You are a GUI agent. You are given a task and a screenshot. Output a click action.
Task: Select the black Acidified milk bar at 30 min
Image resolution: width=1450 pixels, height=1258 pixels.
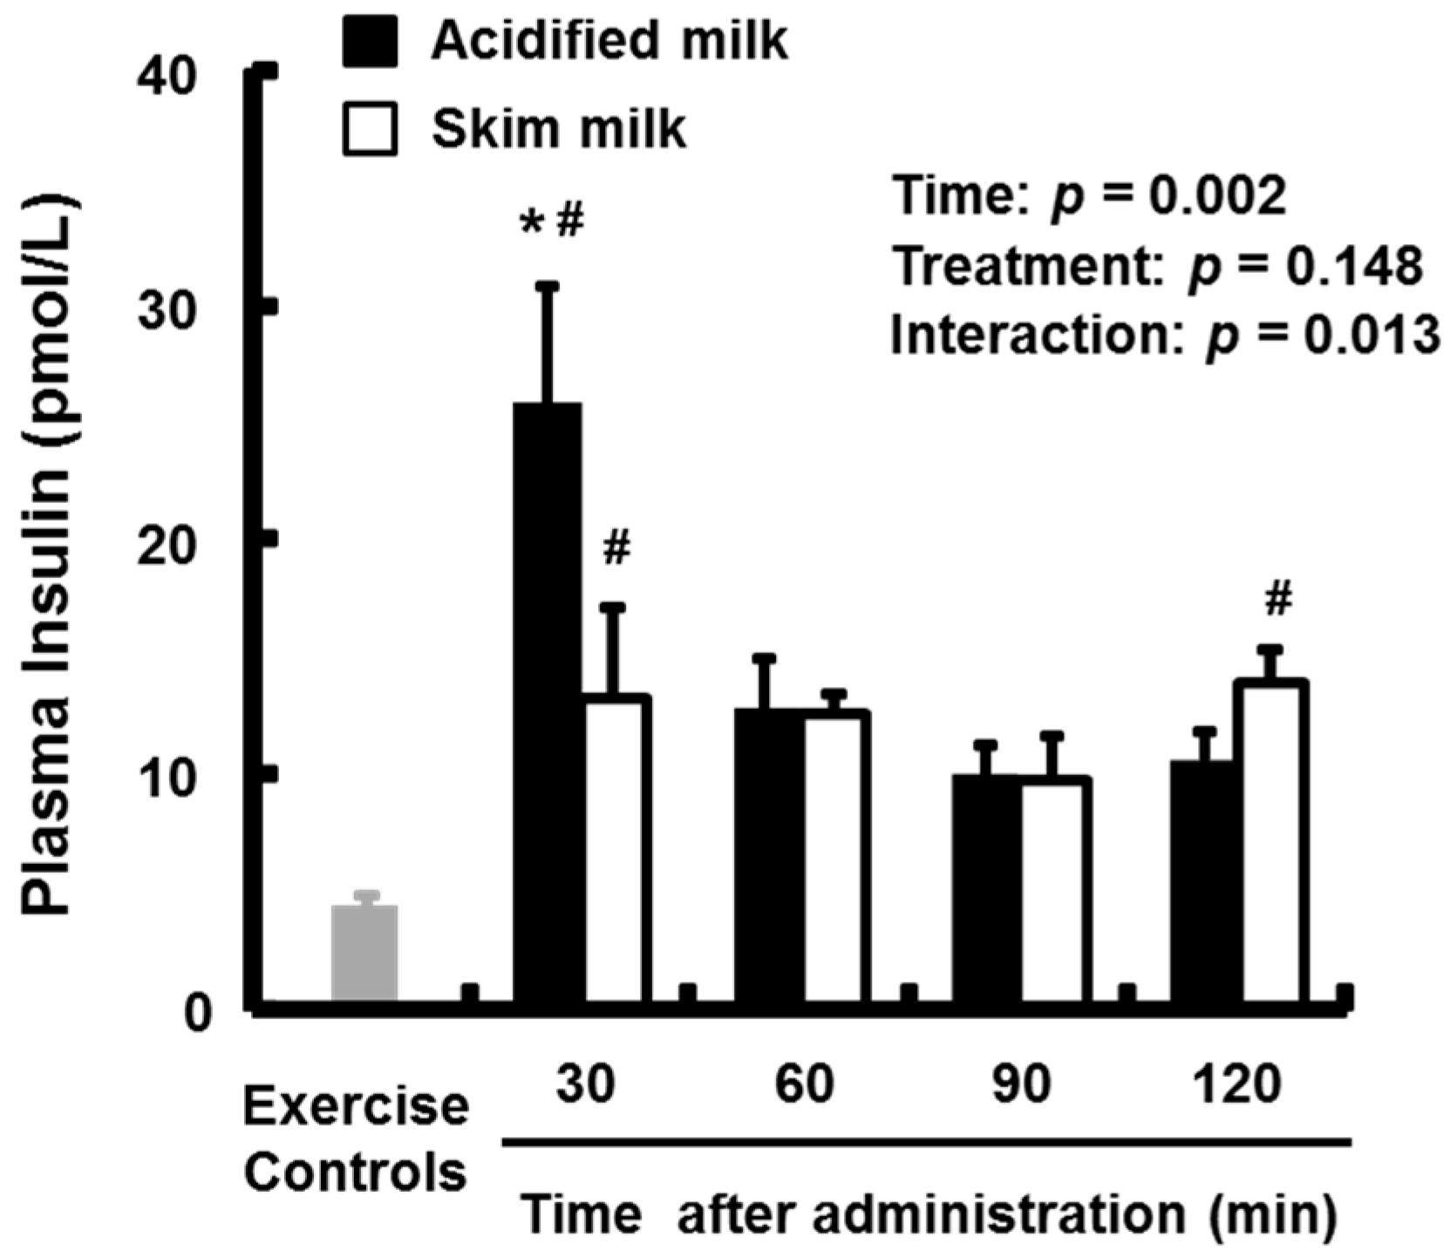[x=548, y=706]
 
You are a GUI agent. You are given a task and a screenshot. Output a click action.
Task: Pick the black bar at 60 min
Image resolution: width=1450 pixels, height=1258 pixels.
[x=768, y=859]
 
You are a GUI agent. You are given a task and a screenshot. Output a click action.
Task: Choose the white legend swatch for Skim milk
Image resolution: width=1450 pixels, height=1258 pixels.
[x=370, y=129]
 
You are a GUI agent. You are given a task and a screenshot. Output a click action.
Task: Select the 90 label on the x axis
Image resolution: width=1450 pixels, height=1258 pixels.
[x=1021, y=1085]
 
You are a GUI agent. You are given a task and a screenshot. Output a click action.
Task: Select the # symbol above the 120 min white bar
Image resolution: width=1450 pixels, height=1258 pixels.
[x=1277, y=601]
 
